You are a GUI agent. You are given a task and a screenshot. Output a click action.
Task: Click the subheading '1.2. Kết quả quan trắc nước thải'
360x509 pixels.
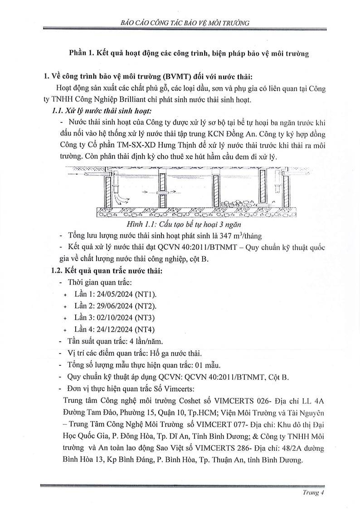click(107, 271)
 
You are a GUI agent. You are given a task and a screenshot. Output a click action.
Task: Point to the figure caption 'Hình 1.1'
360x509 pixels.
click(180, 224)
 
